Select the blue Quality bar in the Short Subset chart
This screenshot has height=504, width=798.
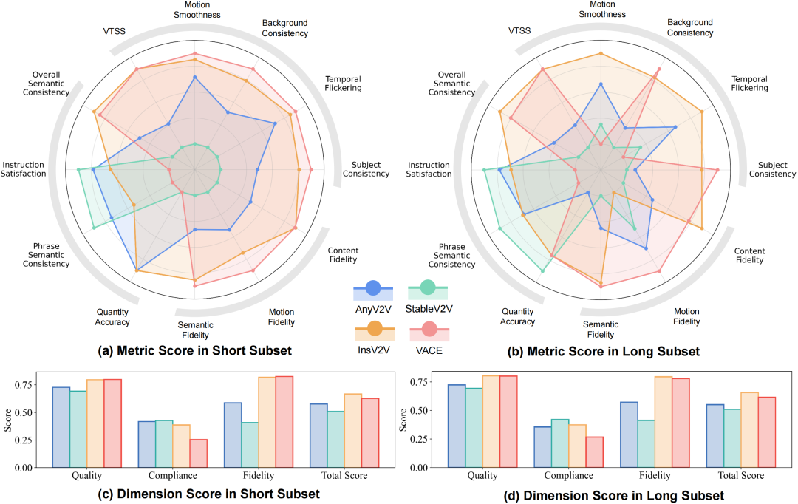[61, 427]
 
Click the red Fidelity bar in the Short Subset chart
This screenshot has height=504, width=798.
[284, 422]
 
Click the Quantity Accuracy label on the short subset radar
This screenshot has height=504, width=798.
[112, 316]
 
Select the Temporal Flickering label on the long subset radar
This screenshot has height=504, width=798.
[749, 84]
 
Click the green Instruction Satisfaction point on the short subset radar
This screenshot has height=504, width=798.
[79, 170]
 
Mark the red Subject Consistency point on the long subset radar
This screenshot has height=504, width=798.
[717, 170]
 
